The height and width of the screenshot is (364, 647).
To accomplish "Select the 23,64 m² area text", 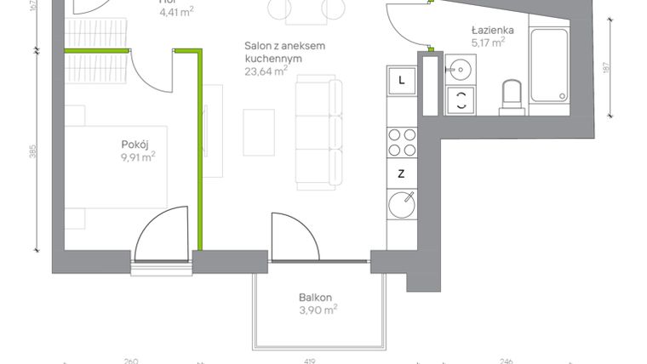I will point(266,72).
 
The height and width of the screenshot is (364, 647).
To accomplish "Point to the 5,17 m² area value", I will point(489,41).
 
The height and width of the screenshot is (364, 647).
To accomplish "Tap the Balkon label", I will point(314,298).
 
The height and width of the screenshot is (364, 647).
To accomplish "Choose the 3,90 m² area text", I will point(318,310).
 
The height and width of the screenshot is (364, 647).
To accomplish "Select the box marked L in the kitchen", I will point(402,82).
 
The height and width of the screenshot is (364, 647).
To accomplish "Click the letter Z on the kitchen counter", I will point(401,173).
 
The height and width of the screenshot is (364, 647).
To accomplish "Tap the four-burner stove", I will point(402,142).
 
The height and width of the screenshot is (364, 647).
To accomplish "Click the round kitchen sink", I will point(402,204).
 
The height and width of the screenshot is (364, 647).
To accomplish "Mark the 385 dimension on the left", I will point(33,152).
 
